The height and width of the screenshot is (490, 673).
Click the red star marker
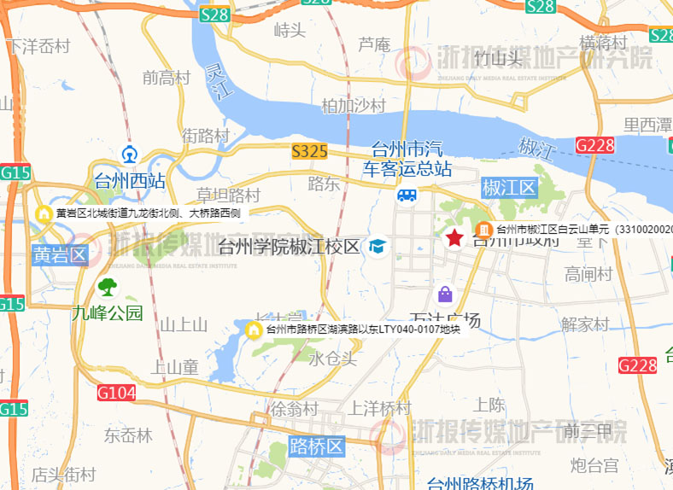454,237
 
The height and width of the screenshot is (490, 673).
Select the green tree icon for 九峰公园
108,286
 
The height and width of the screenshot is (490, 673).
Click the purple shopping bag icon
445,295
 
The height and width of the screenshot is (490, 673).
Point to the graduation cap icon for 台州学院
376,248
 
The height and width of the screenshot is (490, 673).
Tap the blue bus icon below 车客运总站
407,196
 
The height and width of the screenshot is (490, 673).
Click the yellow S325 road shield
309,152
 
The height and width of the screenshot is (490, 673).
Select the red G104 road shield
116,394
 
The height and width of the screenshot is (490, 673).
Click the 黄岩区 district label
61,255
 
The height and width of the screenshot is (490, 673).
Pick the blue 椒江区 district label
508,187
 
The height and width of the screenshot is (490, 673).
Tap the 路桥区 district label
317,445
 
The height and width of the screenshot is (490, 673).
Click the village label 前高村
167,78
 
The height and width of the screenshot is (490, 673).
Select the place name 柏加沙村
354,106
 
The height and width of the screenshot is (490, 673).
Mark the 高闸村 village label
588,274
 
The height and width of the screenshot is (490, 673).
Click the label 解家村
585,324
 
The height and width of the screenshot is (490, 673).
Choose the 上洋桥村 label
381,407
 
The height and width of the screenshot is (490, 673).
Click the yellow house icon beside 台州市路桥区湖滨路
253,330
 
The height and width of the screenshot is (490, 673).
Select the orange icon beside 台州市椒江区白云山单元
483,229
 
